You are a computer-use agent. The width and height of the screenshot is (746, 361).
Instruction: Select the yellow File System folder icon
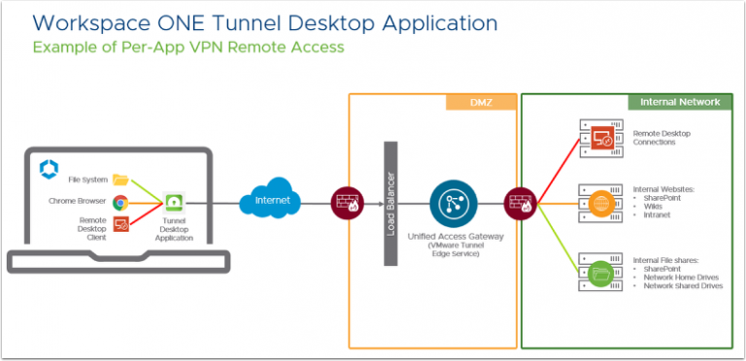point(120,180)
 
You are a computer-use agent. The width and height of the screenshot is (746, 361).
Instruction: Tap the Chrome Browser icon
point(120,202)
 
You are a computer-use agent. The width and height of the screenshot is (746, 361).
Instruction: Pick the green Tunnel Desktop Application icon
point(175,202)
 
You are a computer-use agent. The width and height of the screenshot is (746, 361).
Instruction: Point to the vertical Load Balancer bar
point(391,203)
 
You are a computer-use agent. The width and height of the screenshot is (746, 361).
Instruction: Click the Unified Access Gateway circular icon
point(451,202)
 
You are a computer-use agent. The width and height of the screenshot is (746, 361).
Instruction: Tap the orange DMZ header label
point(480,101)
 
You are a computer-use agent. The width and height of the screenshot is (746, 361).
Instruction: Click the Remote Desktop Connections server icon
point(599,140)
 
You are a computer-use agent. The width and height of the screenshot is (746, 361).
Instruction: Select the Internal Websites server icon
point(599,203)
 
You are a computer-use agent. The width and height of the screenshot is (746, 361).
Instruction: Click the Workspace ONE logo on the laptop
point(48,170)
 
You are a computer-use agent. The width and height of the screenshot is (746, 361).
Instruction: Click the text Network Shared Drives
point(683,285)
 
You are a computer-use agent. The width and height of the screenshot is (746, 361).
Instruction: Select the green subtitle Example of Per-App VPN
point(186,47)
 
